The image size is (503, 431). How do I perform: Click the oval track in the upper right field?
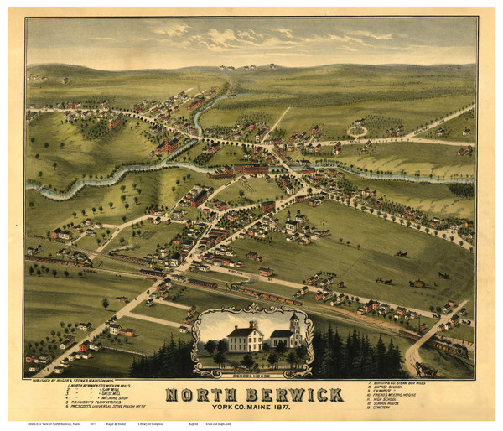358,131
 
